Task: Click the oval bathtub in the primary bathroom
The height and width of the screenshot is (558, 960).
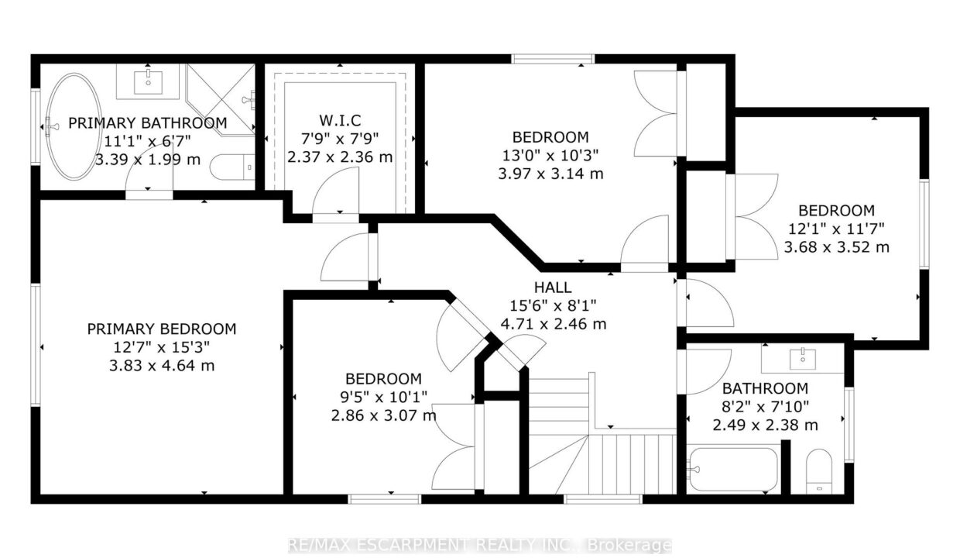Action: [x=74, y=126]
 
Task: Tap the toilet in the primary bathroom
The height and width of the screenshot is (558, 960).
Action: [x=232, y=167]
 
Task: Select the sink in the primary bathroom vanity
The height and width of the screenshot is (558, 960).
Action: [x=148, y=82]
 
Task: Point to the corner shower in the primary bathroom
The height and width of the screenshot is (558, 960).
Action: [x=221, y=99]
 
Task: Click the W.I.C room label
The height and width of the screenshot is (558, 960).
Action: [x=340, y=120]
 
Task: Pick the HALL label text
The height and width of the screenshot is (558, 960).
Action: [x=553, y=287]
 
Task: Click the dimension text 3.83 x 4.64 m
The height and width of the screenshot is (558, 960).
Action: [x=162, y=366]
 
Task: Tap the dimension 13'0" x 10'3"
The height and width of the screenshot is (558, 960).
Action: [x=550, y=155]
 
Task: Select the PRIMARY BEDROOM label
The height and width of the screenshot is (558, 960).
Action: [x=162, y=329]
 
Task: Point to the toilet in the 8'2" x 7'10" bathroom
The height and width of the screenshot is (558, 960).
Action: [x=819, y=471]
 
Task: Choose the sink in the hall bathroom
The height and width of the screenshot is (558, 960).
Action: [x=802, y=358]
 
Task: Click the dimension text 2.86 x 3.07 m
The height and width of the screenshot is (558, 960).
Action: [x=383, y=415]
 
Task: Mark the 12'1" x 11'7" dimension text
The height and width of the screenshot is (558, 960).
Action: [x=837, y=229]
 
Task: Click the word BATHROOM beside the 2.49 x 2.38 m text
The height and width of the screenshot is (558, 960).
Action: [x=765, y=388]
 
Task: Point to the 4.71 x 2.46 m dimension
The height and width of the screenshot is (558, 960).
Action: [x=554, y=324]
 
